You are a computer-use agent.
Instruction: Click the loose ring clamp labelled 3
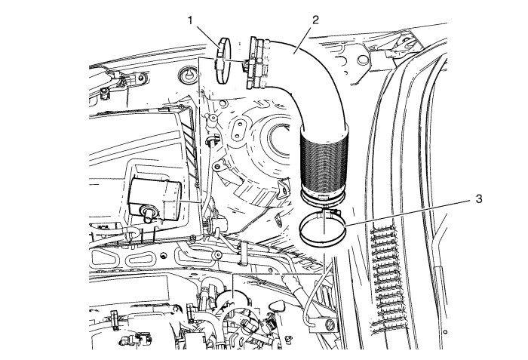(x=321, y=230)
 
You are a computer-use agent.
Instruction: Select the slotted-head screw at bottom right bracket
(x=330, y=324)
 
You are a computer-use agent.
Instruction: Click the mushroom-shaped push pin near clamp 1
(x=186, y=77)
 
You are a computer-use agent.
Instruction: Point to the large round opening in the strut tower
(x=275, y=147)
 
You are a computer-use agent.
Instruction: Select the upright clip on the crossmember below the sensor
(x=243, y=253)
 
